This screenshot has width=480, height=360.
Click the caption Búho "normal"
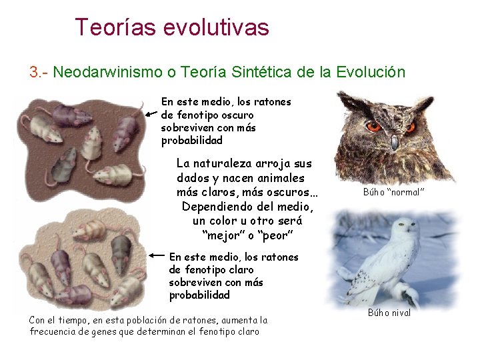[x=394, y=192]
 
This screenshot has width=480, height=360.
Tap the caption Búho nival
[x=389, y=313]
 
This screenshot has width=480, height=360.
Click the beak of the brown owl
[x=394, y=141]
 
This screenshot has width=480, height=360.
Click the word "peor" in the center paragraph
[x=275, y=235]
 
